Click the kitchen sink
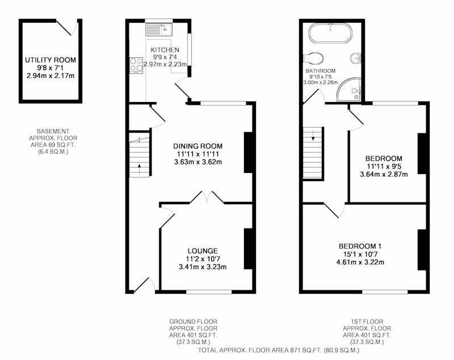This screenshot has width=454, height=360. point(159,29)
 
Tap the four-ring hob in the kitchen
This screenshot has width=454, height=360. point(136,65)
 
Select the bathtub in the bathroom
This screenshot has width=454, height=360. point(330,33)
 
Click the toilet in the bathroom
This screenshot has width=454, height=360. point(313,58)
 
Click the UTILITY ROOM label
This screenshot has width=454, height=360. point(51,60)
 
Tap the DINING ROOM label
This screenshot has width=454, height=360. point(197,146)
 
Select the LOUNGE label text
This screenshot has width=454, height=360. point(203,251)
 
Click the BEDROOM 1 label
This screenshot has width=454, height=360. point(360,247)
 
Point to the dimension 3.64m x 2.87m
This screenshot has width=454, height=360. point(384,175)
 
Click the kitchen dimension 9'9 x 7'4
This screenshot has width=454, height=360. point(165,57)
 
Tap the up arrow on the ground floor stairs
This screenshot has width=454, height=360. point(139,169)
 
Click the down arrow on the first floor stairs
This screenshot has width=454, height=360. point(313,135)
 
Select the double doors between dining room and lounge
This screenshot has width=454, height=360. point(207,197)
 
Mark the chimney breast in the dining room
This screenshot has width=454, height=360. point(249,153)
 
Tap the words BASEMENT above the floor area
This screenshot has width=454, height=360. point(53,132)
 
